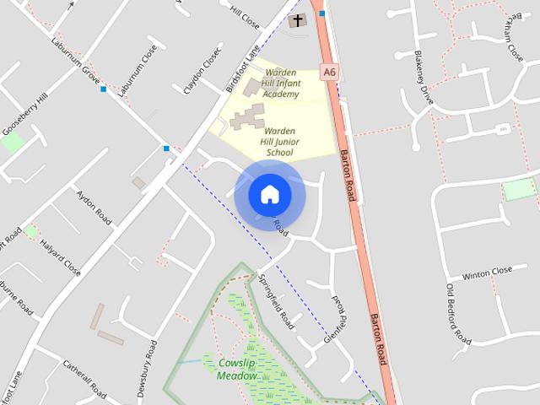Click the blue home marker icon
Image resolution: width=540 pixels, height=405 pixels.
coord(270,194)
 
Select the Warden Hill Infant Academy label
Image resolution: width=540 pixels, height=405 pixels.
coord(280,84)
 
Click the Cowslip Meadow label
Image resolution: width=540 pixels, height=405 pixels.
coord(236,369)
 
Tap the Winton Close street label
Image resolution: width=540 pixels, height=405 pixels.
coord(488,272)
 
